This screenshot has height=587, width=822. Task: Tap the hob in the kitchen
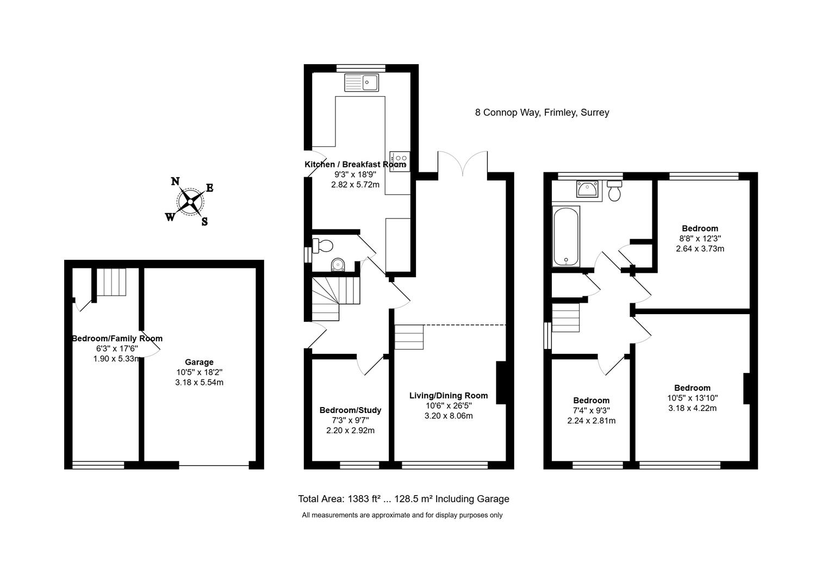pyautogui.click(x=399, y=161)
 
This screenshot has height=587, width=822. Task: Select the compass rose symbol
pyautogui.click(x=190, y=202)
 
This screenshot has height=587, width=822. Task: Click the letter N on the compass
pyautogui.click(x=176, y=182)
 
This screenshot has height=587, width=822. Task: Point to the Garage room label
pyautogui.click(x=199, y=362)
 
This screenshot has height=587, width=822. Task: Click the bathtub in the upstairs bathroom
pyautogui.click(x=566, y=236)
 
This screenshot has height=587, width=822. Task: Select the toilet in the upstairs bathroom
pyautogui.click(x=615, y=191)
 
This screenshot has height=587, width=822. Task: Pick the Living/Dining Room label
pyautogui.click(x=449, y=396)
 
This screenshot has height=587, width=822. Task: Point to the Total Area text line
pyautogui.click(x=403, y=499)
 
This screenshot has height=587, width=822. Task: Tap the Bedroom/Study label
pyautogui.click(x=350, y=410)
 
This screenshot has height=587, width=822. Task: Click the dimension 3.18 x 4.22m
pyautogui.click(x=692, y=408)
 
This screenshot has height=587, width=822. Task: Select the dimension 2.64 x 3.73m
pyautogui.click(x=700, y=249)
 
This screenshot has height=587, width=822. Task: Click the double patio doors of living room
pyautogui.click(x=463, y=163)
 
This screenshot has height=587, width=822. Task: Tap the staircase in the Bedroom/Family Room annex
pyautogui.click(x=111, y=282)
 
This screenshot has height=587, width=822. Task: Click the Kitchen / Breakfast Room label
pyautogui.click(x=355, y=165)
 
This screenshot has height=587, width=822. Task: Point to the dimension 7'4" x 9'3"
pyautogui.click(x=591, y=411)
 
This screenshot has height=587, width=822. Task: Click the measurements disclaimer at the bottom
pyautogui.click(x=402, y=515)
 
